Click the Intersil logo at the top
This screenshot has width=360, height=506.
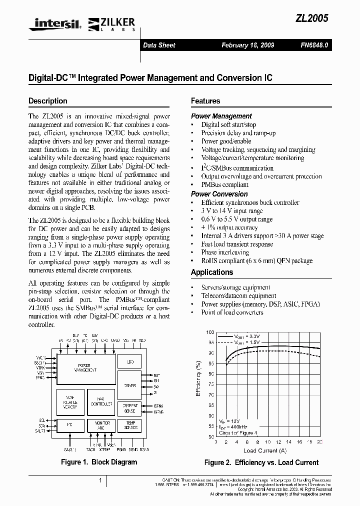click(x=55, y=22)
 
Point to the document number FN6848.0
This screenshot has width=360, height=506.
click(x=314, y=45)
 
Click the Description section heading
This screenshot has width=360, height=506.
click(x=48, y=100)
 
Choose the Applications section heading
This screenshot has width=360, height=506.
click(x=212, y=272)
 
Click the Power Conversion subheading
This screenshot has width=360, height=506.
click(x=219, y=194)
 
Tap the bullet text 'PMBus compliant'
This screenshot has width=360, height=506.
click(x=224, y=184)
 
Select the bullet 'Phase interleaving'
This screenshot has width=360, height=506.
click(x=225, y=252)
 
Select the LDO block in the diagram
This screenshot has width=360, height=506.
click(x=130, y=361)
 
